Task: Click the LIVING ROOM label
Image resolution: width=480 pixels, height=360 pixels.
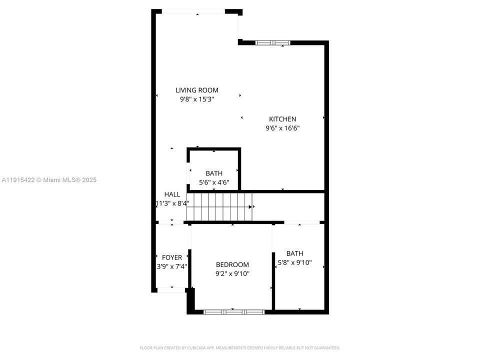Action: [x=196, y=90]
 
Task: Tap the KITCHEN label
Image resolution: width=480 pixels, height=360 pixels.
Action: [x=282, y=119]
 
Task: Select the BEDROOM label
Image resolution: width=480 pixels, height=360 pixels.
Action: [x=232, y=264]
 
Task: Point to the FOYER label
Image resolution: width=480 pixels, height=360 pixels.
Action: [x=172, y=257]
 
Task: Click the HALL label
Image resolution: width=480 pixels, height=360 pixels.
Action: [x=172, y=194]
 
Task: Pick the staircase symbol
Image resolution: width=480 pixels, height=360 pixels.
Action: [x=219, y=206]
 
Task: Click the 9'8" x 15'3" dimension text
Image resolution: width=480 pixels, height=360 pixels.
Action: [x=196, y=99]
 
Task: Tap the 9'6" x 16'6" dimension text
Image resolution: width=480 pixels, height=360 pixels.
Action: [x=282, y=128]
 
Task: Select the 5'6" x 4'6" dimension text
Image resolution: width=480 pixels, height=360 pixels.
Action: [x=213, y=182]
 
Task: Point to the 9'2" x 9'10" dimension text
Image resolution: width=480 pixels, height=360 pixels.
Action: [x=232, y=273]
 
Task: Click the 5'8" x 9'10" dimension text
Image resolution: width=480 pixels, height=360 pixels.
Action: [x=295, y=262]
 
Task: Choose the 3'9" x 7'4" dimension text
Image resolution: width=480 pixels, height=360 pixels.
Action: [x=172, y=266]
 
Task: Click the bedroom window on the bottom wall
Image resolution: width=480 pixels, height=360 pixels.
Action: [x=234, y=311]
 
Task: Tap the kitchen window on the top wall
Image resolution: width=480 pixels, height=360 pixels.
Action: [x=272, y=43]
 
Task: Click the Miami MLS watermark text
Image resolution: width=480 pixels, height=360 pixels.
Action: [x=49, y=180]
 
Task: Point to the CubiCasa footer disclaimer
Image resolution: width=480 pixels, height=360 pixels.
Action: [x=239, y=347]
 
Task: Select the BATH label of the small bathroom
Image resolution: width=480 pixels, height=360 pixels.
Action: [x=213, y=173]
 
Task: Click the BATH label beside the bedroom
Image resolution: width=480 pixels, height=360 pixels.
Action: [x=294, y=253]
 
